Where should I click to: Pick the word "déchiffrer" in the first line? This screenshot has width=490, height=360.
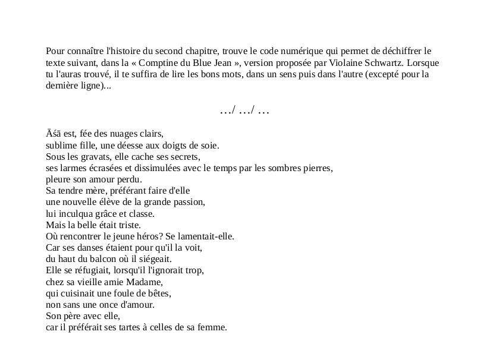coord(394,51)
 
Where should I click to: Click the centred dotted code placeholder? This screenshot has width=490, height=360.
coord(244,110)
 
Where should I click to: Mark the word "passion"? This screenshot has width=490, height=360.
coord(189,202)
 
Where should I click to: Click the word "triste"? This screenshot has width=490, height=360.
coord(127,225)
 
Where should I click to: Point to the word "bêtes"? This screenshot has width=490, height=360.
coord(158,293)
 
